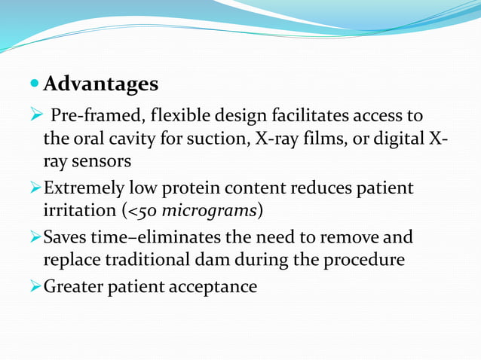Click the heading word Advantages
click(101, 84)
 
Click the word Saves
click(66, 238)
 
